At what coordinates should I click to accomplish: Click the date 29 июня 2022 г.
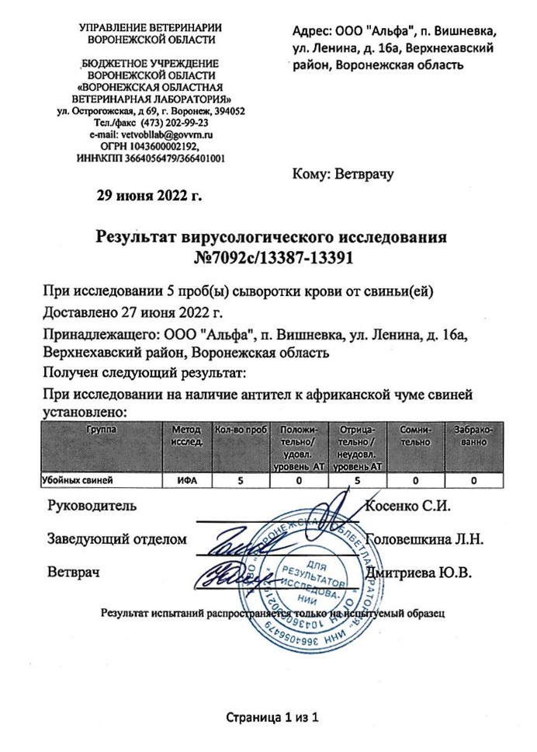coord(148,195)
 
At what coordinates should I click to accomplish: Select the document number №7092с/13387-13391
coord(271,257)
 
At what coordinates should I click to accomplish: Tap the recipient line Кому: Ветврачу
coord(343,174)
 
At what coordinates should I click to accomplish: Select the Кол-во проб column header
coord(240,430)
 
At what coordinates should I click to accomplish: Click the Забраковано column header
coord(473,435)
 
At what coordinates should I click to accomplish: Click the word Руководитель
coord(92,507)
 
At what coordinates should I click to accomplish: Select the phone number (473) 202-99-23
coord(172,123)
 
